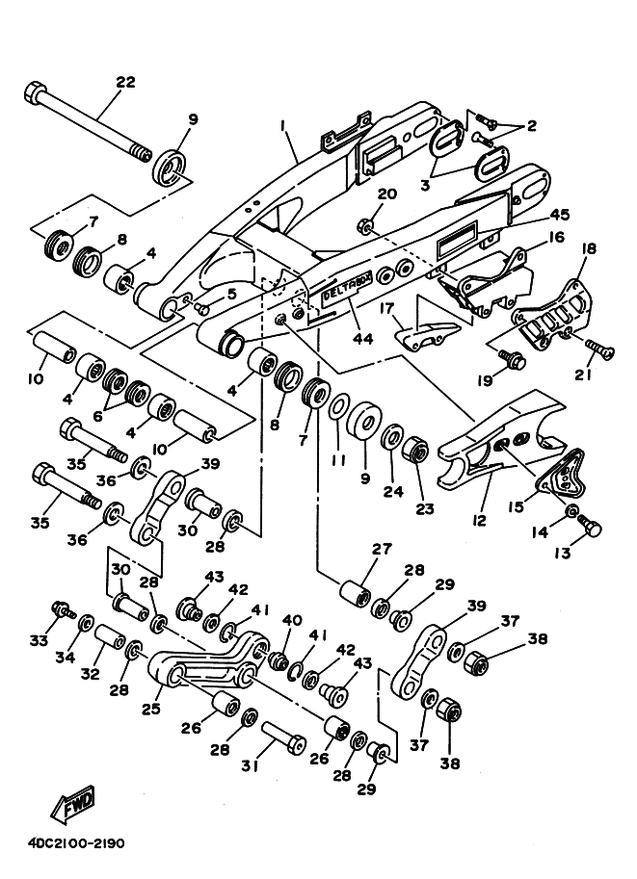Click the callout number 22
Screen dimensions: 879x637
click(125, 82)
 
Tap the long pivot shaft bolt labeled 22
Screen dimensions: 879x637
click(88, 122)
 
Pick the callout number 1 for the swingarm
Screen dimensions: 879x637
click(283, 125)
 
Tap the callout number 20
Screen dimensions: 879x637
click(386, 194)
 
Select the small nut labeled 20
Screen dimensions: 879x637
click(366, 227)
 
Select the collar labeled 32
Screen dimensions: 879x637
click(107, 640)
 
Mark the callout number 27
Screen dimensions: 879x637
click(382, 550)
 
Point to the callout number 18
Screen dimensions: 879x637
click(588, 248)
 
